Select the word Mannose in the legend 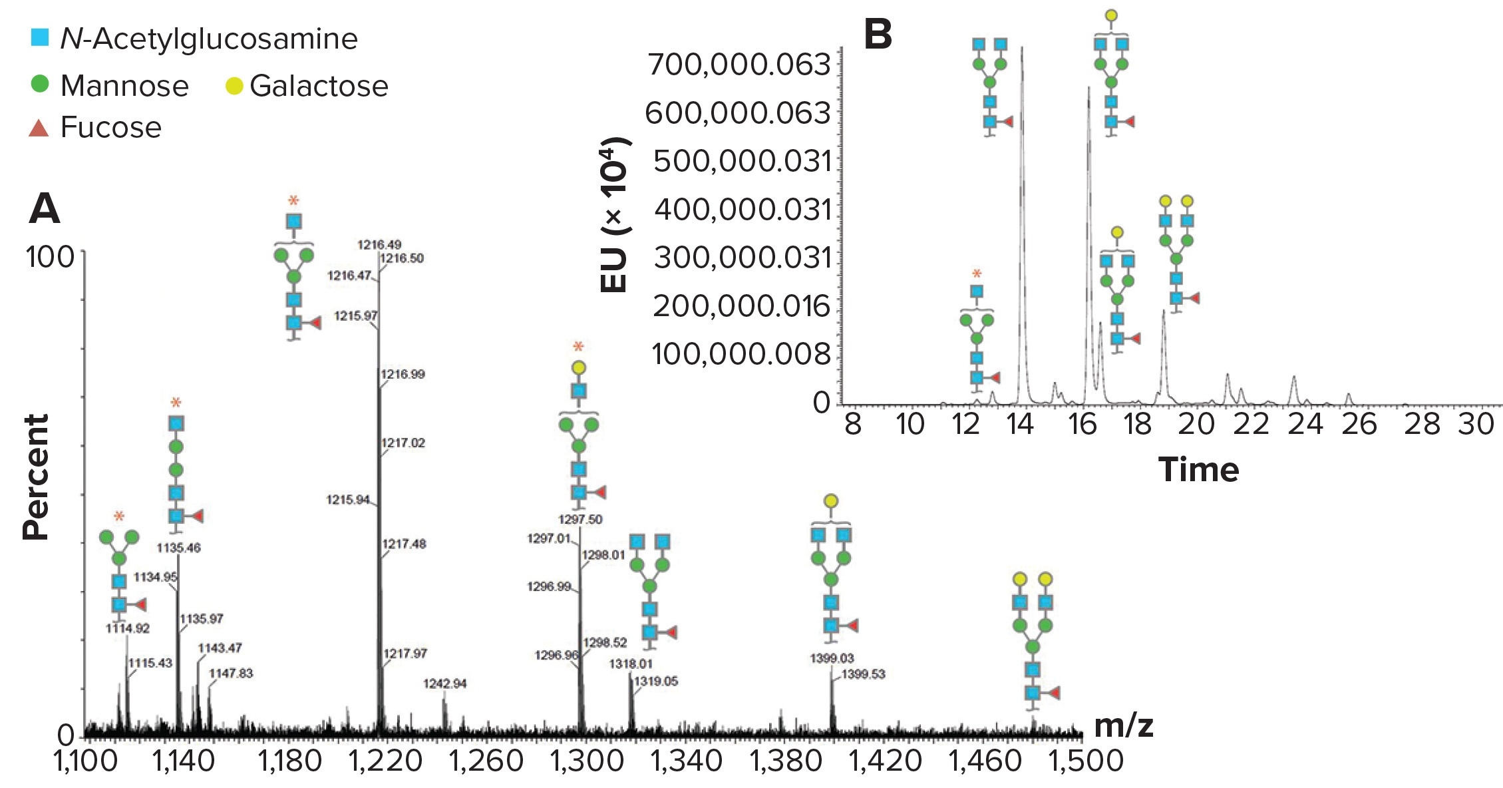124,86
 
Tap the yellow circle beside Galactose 234,86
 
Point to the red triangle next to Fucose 39,128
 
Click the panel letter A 44,208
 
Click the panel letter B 878,35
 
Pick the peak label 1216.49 379,245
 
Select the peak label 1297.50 580,520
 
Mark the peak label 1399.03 832,658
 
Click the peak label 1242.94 445,684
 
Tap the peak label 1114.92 128,628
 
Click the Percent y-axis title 37,477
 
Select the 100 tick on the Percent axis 51,257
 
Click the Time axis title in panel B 1198,470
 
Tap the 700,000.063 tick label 739,65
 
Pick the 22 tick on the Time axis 1251,424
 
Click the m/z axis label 1123,725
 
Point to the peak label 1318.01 630,664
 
